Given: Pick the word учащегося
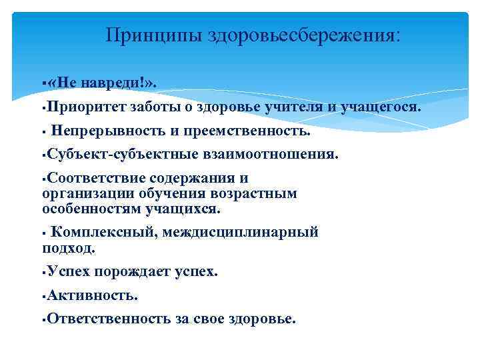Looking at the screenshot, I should pyautogui.click(x=382, y=107).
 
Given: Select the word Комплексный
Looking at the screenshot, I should pyautogui.click(x=95, y=233).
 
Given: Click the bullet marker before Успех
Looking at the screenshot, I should pyautogui.click(x=43, y=273).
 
